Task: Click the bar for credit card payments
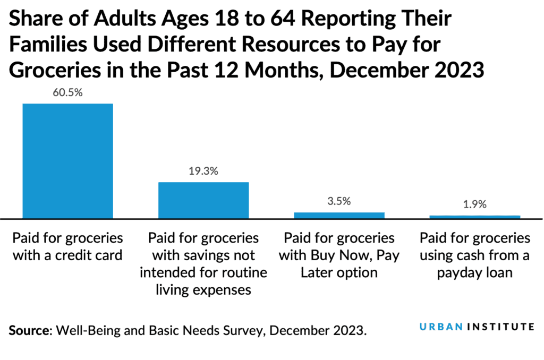click(67, 160)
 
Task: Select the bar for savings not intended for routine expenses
click(203, 200)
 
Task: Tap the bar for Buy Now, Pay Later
click(339, 215)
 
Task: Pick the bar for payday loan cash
click(474, 217)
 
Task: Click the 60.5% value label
click(67, 93)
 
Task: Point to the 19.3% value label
click(203, 172)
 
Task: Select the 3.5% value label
click(339, 202)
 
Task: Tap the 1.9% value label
click(474, 205)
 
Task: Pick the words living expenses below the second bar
click(203, 290)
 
